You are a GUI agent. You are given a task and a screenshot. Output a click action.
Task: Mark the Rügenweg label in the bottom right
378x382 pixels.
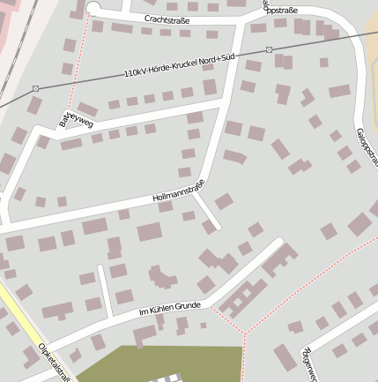point(308,362)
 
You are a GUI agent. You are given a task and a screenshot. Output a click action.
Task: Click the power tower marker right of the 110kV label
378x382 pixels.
point(269,49)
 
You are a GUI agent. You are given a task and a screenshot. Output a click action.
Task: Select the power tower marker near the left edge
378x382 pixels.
point(35,88)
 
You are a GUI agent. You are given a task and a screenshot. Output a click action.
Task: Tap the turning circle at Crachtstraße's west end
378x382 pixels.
point(93,9)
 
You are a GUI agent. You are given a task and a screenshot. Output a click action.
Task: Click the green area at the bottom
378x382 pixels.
point(167,362)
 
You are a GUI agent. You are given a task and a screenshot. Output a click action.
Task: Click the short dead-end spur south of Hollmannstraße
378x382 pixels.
point(208,212)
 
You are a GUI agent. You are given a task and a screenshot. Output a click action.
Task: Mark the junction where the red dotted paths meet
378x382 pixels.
point(245,333)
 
